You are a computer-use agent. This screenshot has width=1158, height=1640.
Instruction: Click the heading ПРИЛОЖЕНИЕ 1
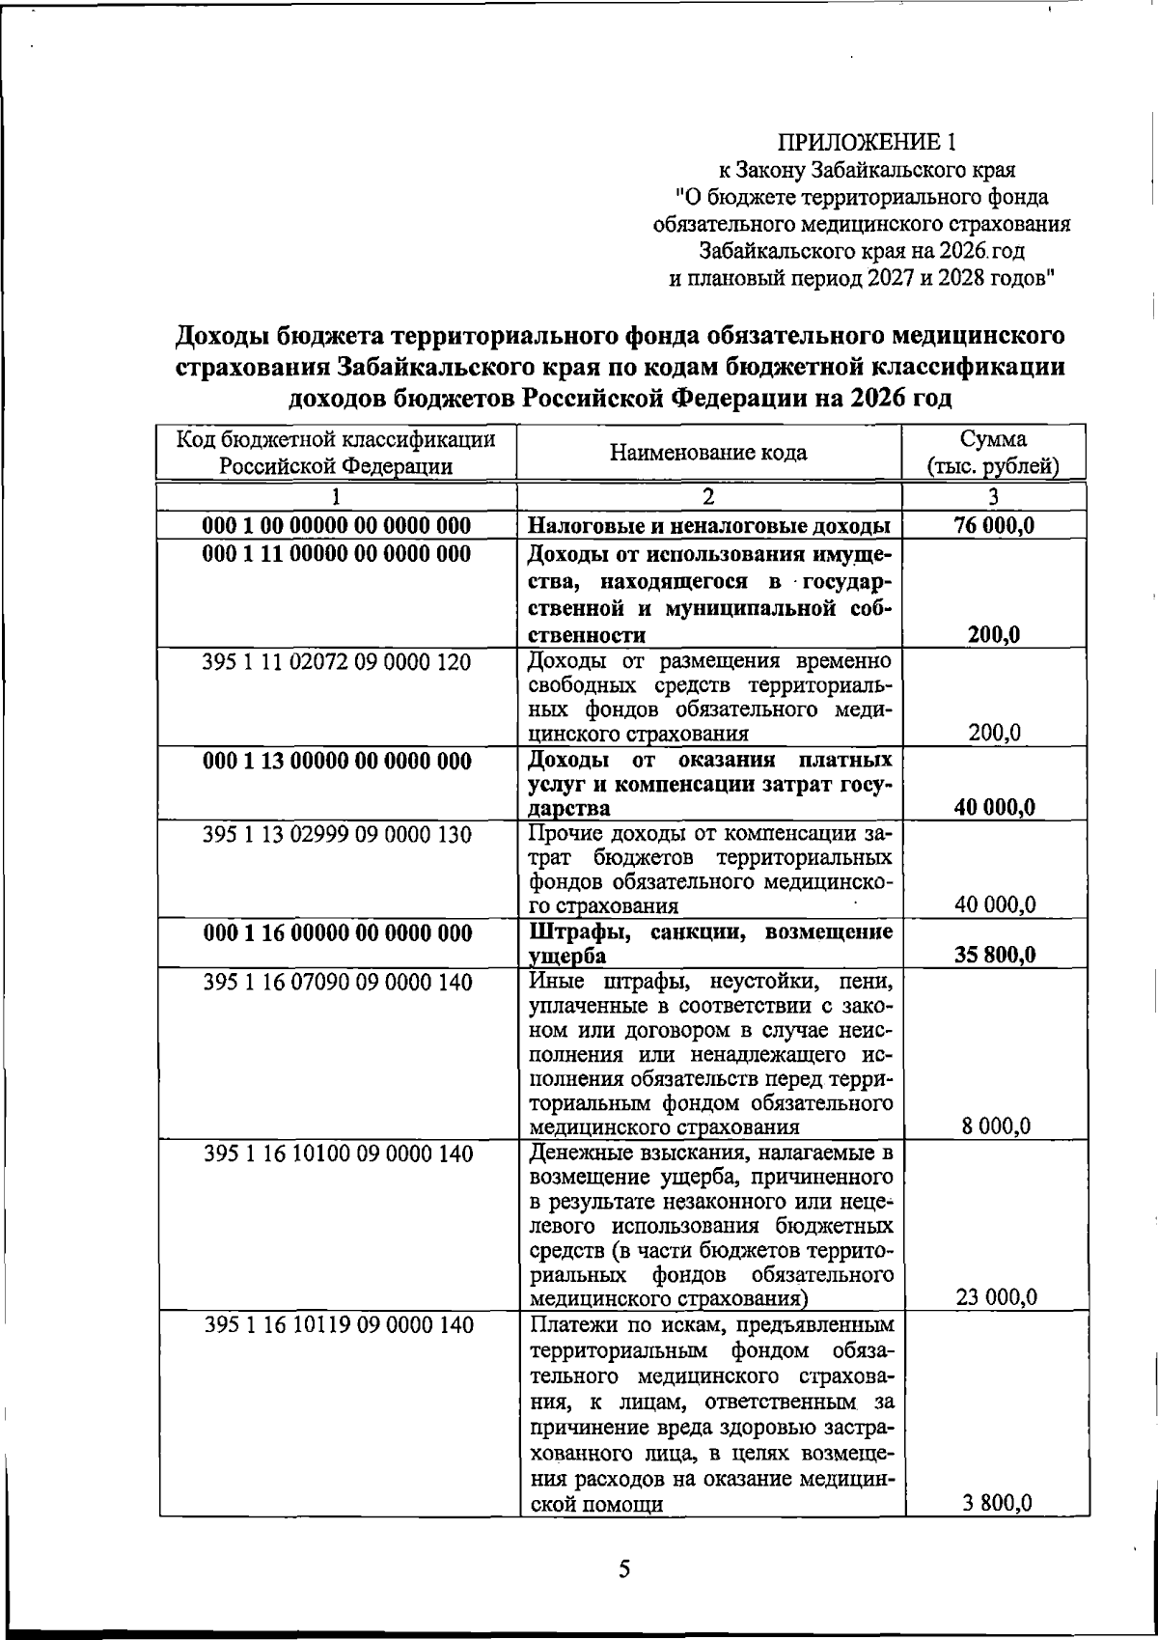868,144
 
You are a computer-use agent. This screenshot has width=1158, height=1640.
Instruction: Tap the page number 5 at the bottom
624,1569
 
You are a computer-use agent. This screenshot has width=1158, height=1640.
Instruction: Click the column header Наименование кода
708,453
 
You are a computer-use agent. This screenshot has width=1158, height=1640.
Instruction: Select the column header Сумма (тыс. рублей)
993,454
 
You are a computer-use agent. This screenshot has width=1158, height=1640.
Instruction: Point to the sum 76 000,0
995,526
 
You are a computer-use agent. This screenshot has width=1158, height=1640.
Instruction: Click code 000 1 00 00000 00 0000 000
337,526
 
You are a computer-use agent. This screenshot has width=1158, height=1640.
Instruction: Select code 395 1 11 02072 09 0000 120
337,662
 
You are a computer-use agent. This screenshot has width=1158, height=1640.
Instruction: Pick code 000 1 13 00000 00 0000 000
337,762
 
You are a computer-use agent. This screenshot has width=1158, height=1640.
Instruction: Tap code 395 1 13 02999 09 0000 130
337,835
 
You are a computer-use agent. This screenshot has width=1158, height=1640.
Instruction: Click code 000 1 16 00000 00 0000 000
337,933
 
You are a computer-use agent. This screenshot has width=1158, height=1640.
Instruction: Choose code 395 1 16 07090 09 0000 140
337,983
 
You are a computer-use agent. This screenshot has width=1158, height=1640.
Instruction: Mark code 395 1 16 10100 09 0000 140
337,1154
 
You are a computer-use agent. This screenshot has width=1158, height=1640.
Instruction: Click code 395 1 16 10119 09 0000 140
337,1325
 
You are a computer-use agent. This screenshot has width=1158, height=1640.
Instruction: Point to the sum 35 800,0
995,956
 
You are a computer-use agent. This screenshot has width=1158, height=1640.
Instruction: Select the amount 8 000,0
996,1126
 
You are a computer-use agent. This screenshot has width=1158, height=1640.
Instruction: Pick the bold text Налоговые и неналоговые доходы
709,526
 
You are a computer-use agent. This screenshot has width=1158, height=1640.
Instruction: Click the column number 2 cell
708,497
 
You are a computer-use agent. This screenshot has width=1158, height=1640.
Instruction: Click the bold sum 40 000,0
995,808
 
